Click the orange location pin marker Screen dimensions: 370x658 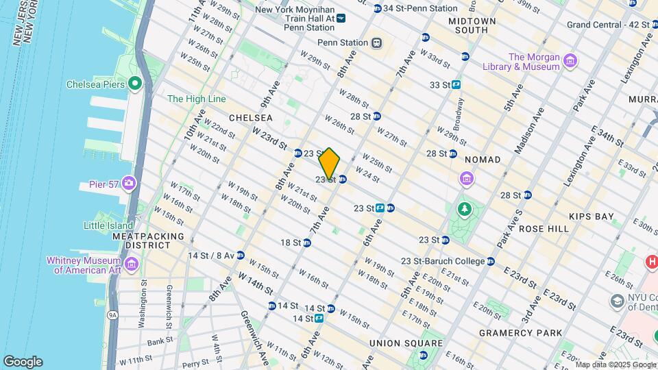click(330, 163)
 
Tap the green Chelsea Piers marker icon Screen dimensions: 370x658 click(135, 85)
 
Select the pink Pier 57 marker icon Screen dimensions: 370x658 click(130, 184)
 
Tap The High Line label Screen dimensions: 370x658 click(197, 99)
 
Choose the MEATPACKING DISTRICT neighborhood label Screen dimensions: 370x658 click(149, 241)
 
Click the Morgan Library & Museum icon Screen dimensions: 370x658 click(570, 62)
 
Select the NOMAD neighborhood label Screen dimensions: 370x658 click(483, 160)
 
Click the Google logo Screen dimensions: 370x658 click(23, 362)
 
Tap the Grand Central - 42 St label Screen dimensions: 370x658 click(608, 25)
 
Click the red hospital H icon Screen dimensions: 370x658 click(650, 262)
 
